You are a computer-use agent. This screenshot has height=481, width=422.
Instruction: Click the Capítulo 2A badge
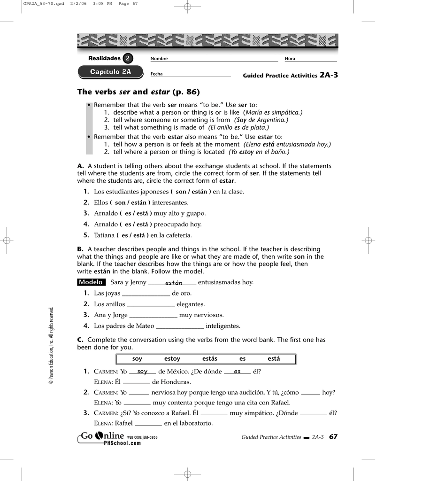[x=111, y=72]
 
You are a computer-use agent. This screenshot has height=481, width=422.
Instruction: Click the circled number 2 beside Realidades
[x=128, y=59]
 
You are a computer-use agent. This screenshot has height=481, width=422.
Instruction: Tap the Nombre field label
[x=159, y=59]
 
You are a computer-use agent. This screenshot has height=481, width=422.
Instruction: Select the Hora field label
[x=290, y=59]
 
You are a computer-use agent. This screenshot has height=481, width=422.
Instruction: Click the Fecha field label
[x=156, y=74]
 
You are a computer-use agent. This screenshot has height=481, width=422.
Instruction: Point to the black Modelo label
[x=91, y=282]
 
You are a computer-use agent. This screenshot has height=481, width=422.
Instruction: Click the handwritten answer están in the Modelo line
[x=174, y=283]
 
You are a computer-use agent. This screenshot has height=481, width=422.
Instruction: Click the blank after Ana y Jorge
[x=153, y=316]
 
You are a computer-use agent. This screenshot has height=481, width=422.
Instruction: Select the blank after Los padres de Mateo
[x=179, y=326]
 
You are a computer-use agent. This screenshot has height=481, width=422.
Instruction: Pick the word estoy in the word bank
[x=172, y=359]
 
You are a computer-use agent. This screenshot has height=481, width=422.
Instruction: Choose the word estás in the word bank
[x=210, y=359]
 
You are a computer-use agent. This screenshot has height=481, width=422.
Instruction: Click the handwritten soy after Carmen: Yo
[x=142, y=372]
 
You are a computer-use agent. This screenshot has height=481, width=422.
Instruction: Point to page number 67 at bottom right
[x=333, y=437]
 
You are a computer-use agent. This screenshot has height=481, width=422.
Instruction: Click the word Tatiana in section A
[x=104, y=235]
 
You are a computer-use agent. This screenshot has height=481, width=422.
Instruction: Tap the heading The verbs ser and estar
[x=138, y=92]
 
